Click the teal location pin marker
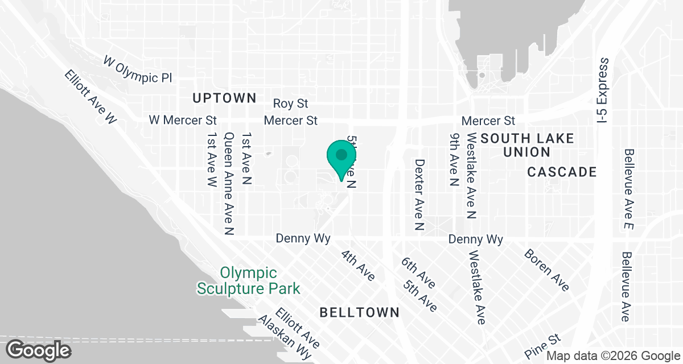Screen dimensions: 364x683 pos(341,159)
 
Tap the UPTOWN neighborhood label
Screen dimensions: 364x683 pos(224,98)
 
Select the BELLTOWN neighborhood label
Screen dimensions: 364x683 pos(359,312)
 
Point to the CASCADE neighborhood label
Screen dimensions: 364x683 pos(561,172)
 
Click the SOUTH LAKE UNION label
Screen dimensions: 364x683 pos(527,145)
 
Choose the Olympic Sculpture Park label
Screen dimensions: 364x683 pos(248,280)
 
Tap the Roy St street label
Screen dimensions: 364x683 pos(290,104)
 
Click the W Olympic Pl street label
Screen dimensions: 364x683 pos(137,69)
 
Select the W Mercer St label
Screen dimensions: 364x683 pos(183,120)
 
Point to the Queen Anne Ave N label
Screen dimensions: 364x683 pos(229,184)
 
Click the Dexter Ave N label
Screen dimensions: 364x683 pos(420,195)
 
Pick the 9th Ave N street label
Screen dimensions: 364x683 pos(454,160)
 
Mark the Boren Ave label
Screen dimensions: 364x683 pos(546,270)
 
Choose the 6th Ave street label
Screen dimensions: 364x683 pos(418,271)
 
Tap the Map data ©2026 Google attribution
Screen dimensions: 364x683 pos(613,357)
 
